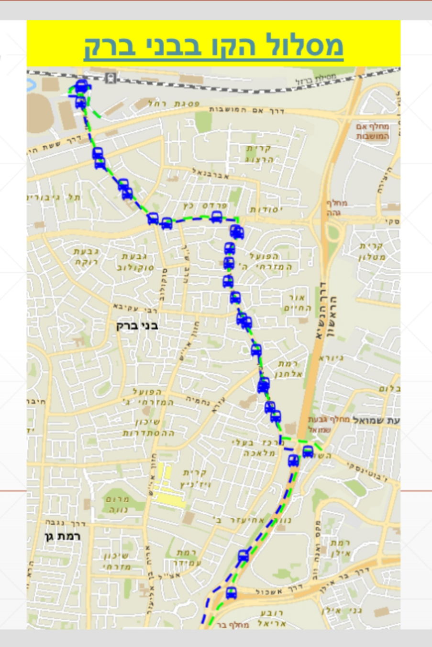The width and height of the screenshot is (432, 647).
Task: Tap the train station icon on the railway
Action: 111,77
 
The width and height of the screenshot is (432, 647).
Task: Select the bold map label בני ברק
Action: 137,326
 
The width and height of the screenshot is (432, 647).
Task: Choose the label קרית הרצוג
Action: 259,154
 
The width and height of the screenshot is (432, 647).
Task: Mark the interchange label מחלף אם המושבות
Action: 373,131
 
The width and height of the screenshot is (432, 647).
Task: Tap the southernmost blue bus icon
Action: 232,593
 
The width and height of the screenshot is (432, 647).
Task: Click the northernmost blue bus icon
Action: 82,86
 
